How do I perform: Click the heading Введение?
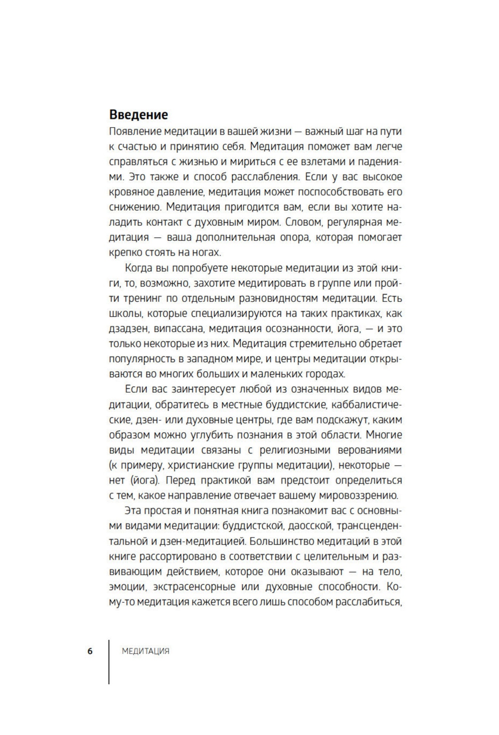point(138,114)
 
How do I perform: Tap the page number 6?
point(90,651)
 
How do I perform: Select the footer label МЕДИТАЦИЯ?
point(146,652)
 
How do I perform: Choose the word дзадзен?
point(129,328)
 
